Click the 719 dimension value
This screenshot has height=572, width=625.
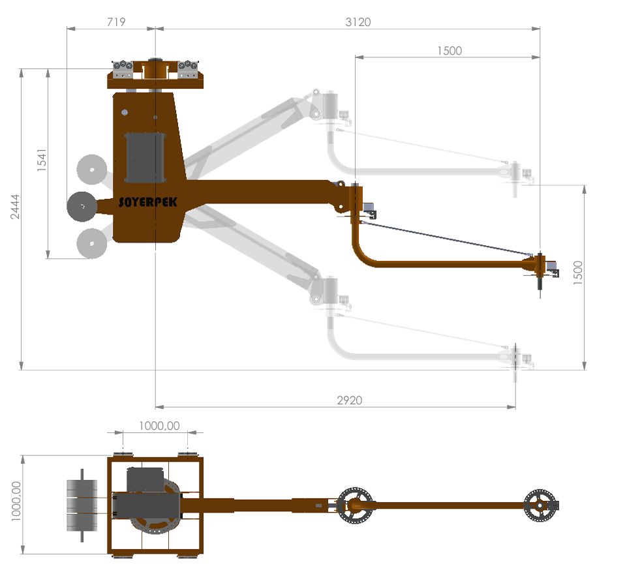(115, 22)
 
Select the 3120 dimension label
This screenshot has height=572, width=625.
(358, 22)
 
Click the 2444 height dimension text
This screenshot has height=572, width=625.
(15, 207)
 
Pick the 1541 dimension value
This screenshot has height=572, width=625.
(42, 160)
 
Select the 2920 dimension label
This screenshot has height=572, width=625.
(349, 400)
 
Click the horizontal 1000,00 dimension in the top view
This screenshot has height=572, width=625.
(159, 425)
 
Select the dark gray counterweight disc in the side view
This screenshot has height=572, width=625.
(82, 207)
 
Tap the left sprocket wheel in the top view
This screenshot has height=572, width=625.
(354, 504)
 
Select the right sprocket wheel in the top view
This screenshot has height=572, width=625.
(541, 504)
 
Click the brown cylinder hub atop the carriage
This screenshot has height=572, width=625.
(155, 67)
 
